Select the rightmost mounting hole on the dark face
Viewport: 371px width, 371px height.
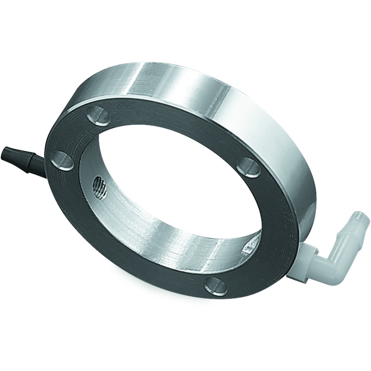point(251,166)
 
